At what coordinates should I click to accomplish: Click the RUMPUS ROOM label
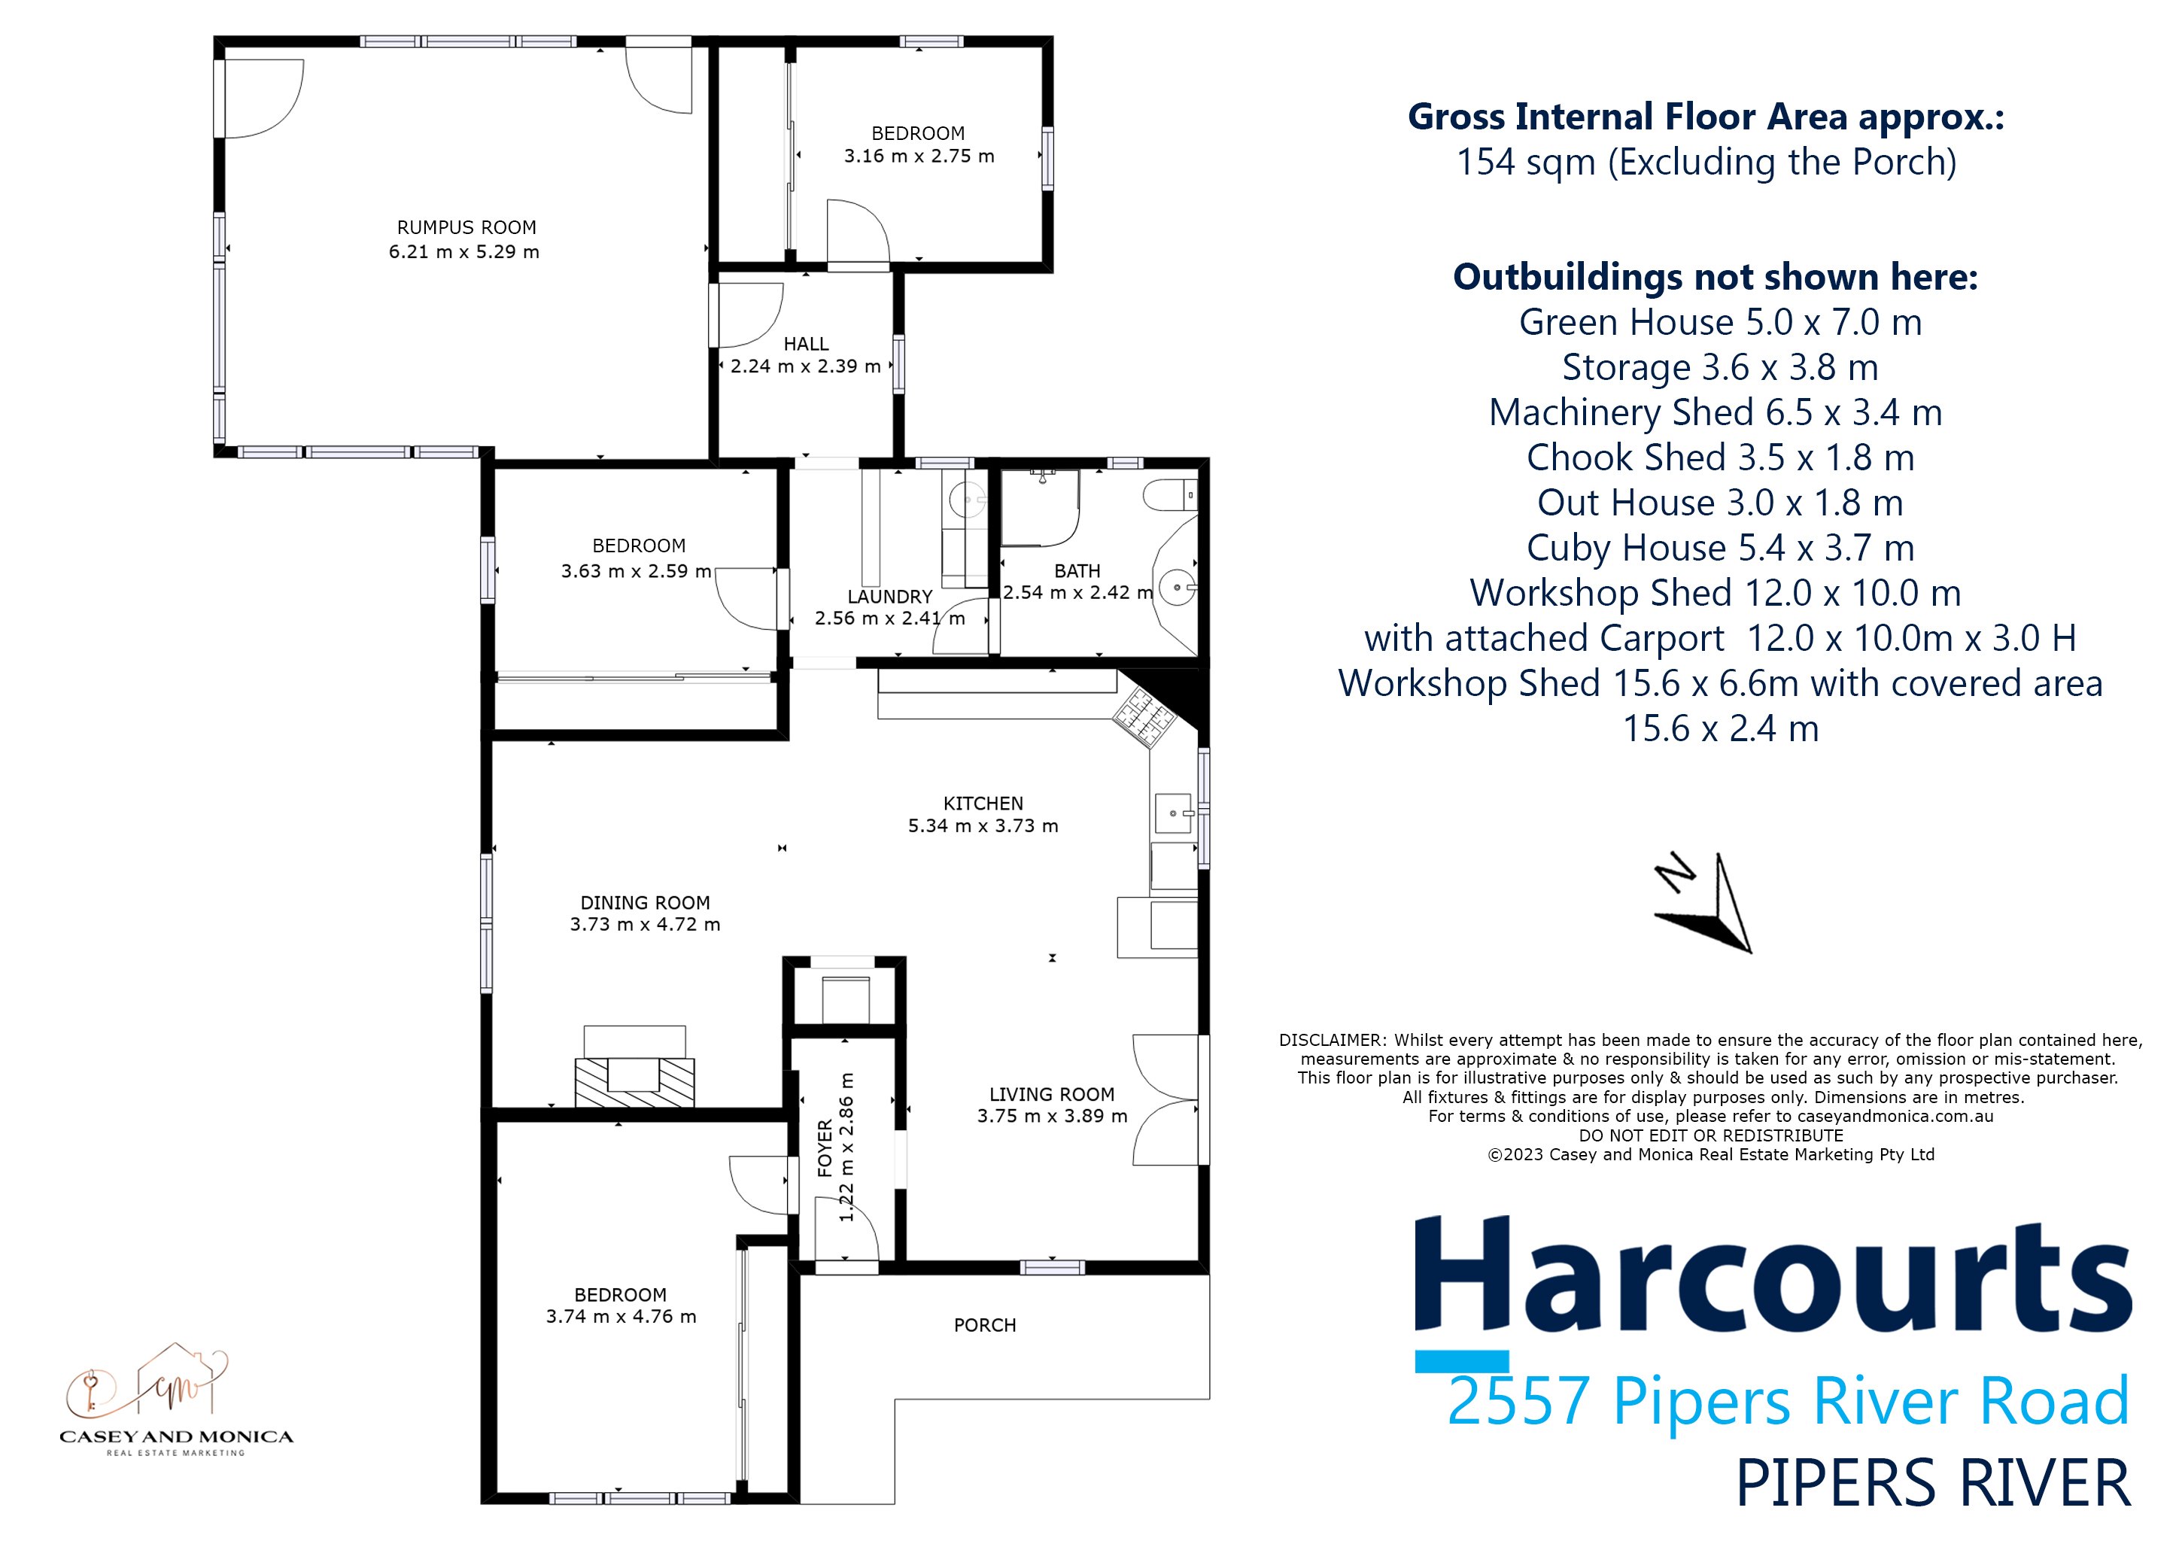point(466,228)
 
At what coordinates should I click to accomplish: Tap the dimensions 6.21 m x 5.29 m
point(464,252)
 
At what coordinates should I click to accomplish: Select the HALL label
point(806,344)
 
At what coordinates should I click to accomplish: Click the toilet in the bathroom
point(1170,495)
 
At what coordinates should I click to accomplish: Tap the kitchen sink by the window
point(1174,814)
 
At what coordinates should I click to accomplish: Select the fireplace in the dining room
point(634,1072)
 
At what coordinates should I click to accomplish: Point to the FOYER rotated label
point(825,1148)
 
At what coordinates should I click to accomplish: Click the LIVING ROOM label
point(1052,1094)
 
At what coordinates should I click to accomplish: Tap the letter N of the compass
point(1675,872)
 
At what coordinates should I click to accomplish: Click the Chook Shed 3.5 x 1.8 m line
point(1720,458)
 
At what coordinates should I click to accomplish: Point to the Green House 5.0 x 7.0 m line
point(1720,323)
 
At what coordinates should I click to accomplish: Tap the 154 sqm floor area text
point(1706,163)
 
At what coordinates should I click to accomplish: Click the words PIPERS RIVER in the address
point(1932,1484)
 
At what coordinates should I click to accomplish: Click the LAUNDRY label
point(889,597)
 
